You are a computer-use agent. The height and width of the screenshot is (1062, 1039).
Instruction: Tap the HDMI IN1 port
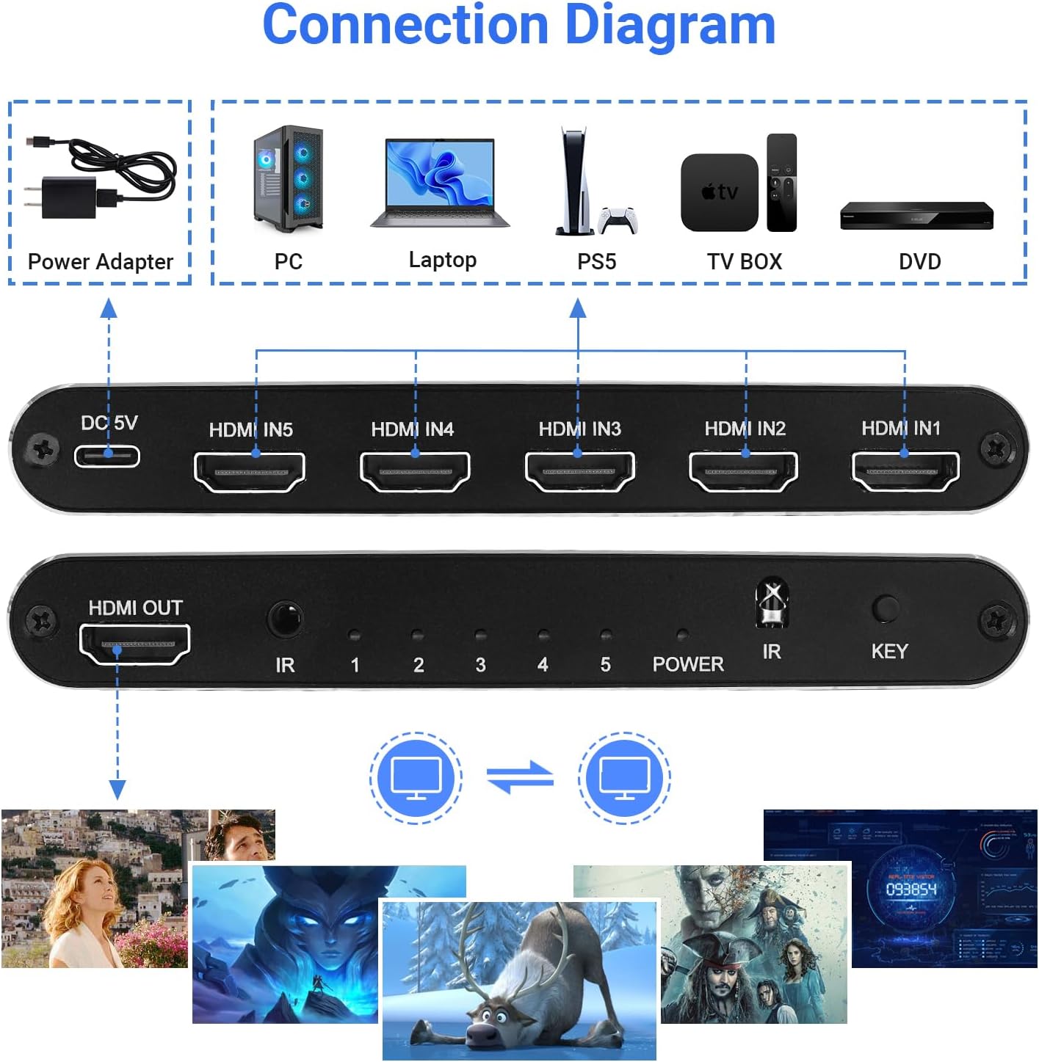pyautogui.click(x=905, y=470)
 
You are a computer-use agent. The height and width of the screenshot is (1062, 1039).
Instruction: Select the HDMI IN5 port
pyautogui.click(x=250, y=471)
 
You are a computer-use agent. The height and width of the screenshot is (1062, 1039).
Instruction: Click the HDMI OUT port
pyautogui.click(x=135, y=644)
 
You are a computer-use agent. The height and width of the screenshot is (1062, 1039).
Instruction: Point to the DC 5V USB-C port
pyautogui.click(x=107, y=456)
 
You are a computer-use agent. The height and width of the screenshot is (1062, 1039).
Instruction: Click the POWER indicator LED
pyautogui.click(x=682, y=635)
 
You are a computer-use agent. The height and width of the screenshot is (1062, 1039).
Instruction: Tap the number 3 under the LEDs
pyautogui.click(x=480, y=665)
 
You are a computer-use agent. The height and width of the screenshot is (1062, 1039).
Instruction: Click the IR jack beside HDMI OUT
pyautogui.click(x=285, y=619)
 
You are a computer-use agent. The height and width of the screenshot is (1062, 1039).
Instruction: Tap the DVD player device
pyautogui.click(x=916, y=215)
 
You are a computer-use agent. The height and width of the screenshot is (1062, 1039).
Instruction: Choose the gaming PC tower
pyautogui.click(x=288, y=179)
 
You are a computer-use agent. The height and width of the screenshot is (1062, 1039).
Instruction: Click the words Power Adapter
pyautogui.click(x=101, y=262)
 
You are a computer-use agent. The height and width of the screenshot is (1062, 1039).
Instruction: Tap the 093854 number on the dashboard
pyautogui.click(x=911, y=890)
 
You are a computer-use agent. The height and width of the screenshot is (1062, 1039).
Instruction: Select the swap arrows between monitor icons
pyautogui.click(x=520, y=778)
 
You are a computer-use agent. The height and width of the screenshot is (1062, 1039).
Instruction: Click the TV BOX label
pyautogui.click(x=745, y=262)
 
